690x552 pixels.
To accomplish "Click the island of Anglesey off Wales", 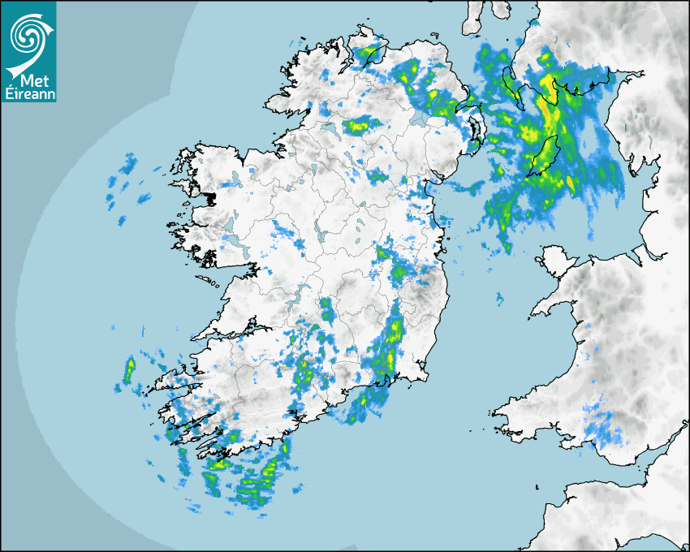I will click(x=556, y=261).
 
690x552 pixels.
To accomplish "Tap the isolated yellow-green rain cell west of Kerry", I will click(x=128, y=370).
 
